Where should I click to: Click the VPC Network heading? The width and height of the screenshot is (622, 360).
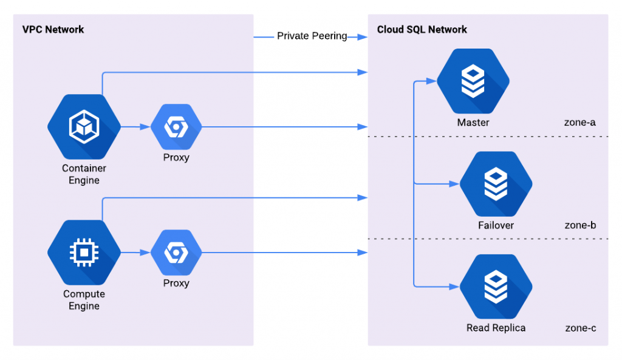pyautogui.click(x=53, y=30)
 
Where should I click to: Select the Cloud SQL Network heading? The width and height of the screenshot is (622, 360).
pyautogui.click(x=422, y=30)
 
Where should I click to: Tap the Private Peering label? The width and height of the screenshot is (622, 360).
pyautogui.click(x=312, y=36)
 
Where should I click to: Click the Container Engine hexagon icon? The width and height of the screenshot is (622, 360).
pyautogui.click(x=84, y=127)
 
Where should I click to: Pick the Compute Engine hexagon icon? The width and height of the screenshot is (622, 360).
pyautogui.click(x=84, y=252)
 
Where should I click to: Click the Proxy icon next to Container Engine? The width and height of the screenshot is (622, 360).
pyautogui.click(x=176, y=127)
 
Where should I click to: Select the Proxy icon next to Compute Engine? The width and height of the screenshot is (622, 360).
pyautogui.click(x=176, y=252)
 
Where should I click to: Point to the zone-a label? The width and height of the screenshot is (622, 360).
pyautogui.click(x=580, y=123)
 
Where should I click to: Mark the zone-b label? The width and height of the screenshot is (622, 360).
pyautogui.click(x=580, y=225)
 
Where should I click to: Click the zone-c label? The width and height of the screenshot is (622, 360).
pyautogui.click(x=580, y=328)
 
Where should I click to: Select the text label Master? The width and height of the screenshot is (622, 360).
pyautogui.click(x=473, y=123)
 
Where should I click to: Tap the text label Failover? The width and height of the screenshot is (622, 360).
pyautogui.click(x=496, y=225)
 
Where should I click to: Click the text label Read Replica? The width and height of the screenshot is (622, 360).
pyautogui.click(x=496, y=328)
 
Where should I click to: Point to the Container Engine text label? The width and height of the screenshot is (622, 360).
pyautogui.click(x=84, y=174)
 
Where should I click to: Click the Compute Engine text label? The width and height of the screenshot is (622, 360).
pyautogui.click(x=84, y=300)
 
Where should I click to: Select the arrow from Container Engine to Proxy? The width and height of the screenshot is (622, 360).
pyautogui.click(x=135, y=127)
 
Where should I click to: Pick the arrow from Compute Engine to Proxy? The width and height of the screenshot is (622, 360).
pyautogui.click(x=135, y=252)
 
